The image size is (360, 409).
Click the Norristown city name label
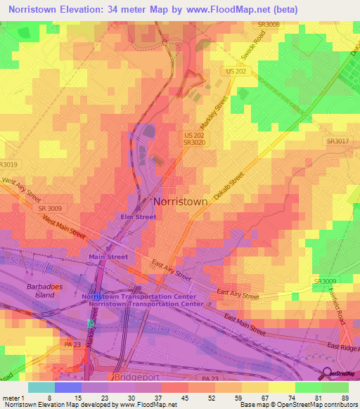180,202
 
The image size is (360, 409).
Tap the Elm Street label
138,217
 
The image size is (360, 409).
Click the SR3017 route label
337,141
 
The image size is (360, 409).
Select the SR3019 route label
9,164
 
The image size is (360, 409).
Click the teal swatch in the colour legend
41,387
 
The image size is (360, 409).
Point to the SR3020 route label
193,142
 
